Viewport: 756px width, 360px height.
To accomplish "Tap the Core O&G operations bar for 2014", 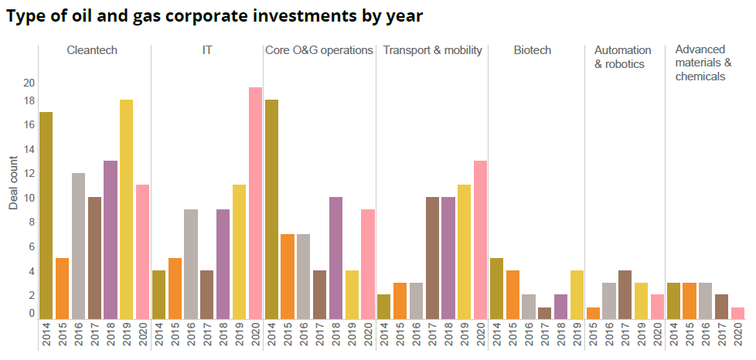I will click(271, 209).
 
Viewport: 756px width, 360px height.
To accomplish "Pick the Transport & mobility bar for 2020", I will click(480, 239).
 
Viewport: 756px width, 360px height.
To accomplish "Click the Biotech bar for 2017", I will click(544, 313).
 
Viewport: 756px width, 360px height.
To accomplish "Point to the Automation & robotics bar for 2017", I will click(625, 294).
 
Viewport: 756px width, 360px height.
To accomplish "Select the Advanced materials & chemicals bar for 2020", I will click(737, 313).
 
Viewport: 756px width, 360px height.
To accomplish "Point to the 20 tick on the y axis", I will click(29, 83).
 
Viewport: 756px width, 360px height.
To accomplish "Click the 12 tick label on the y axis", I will click(29, 173).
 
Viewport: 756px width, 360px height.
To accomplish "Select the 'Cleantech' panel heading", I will click(93, 50).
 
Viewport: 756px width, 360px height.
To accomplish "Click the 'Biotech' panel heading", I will click(533, 50).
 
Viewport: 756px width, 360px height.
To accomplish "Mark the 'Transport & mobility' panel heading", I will click(432, 50).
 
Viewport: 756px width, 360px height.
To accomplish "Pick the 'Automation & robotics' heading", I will click(623, 57).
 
